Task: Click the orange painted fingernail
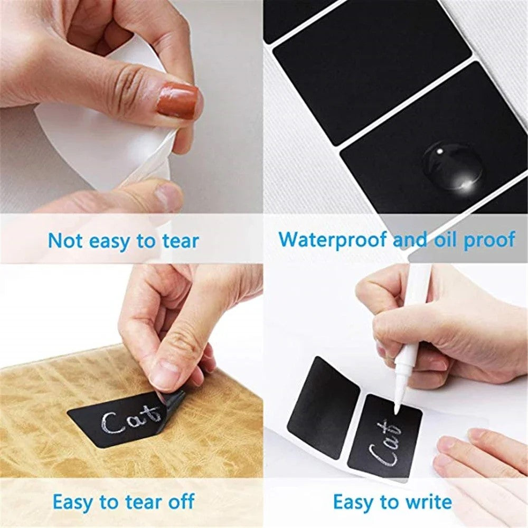click(x=177, y=100)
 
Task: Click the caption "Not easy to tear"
click(x=123, y=241)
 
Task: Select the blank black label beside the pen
click(x=324, y=407)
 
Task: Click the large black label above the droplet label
click(x=372, y=71)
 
